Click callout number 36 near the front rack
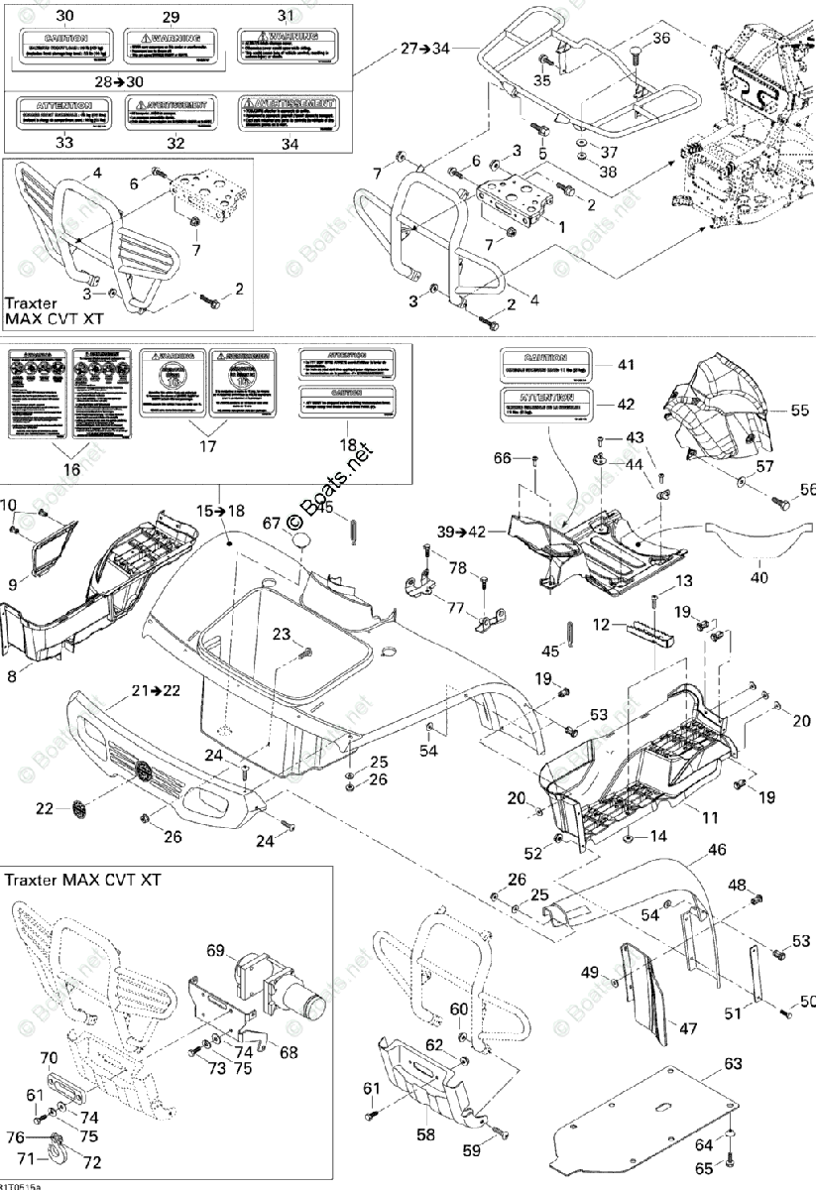pyautogui.click(x=661, y=38)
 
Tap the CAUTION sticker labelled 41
pyautogui.click(x=546, y=364)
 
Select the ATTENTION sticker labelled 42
pyautogui.click(x=546, y=403)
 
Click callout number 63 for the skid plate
pyautogui.click(x=733, y=1063)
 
